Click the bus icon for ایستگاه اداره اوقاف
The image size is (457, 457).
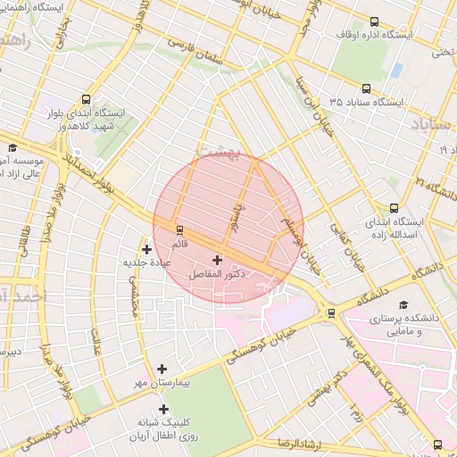pyautogui.click(x=373, y=21)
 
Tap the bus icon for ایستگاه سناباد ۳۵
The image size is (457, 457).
pyautogui.click(x=366, y=88)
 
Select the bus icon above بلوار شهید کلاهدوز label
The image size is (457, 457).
pyautogui.click(x=86, y=100)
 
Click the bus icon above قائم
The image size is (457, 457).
pyautogui.click(x=179, y=229)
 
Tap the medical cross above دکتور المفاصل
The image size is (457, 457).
pyautogui.click(x=217, y=259)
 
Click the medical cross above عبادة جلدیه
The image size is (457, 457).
pyautogui.click(x=146, y=249)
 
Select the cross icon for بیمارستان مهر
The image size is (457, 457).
pyautogui.click(x=162, y=369)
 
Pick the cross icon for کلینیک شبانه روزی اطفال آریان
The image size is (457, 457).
pyautogui.click(x=163, y=408)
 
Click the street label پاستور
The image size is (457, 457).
pyautogui.click(x=237, y=216)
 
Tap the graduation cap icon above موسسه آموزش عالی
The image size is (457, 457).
pyautogui.click(x=12, y=147)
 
